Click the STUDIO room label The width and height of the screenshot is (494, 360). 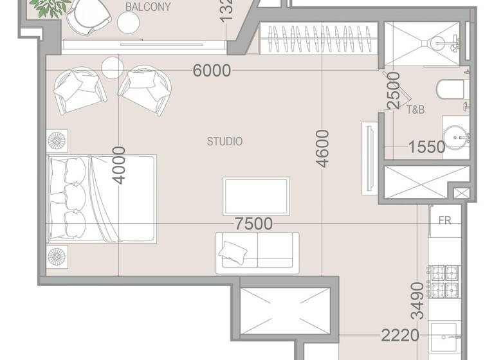coord(224,141)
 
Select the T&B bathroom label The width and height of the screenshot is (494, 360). coord(416,110)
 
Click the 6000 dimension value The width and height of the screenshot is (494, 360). coord(212,71)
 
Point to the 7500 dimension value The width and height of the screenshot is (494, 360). coord(253,224)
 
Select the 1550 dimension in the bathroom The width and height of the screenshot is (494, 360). coord(426,147)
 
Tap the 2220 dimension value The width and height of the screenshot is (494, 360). coord(399,335)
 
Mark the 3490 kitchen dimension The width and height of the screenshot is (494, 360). coord(417,301)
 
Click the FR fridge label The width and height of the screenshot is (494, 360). coord(444,221)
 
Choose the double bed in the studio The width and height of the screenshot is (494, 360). coord(102,198)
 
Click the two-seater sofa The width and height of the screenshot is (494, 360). coord(257,249)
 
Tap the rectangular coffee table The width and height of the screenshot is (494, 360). coord(256,195)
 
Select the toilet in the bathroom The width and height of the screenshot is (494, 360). coord(449,89)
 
